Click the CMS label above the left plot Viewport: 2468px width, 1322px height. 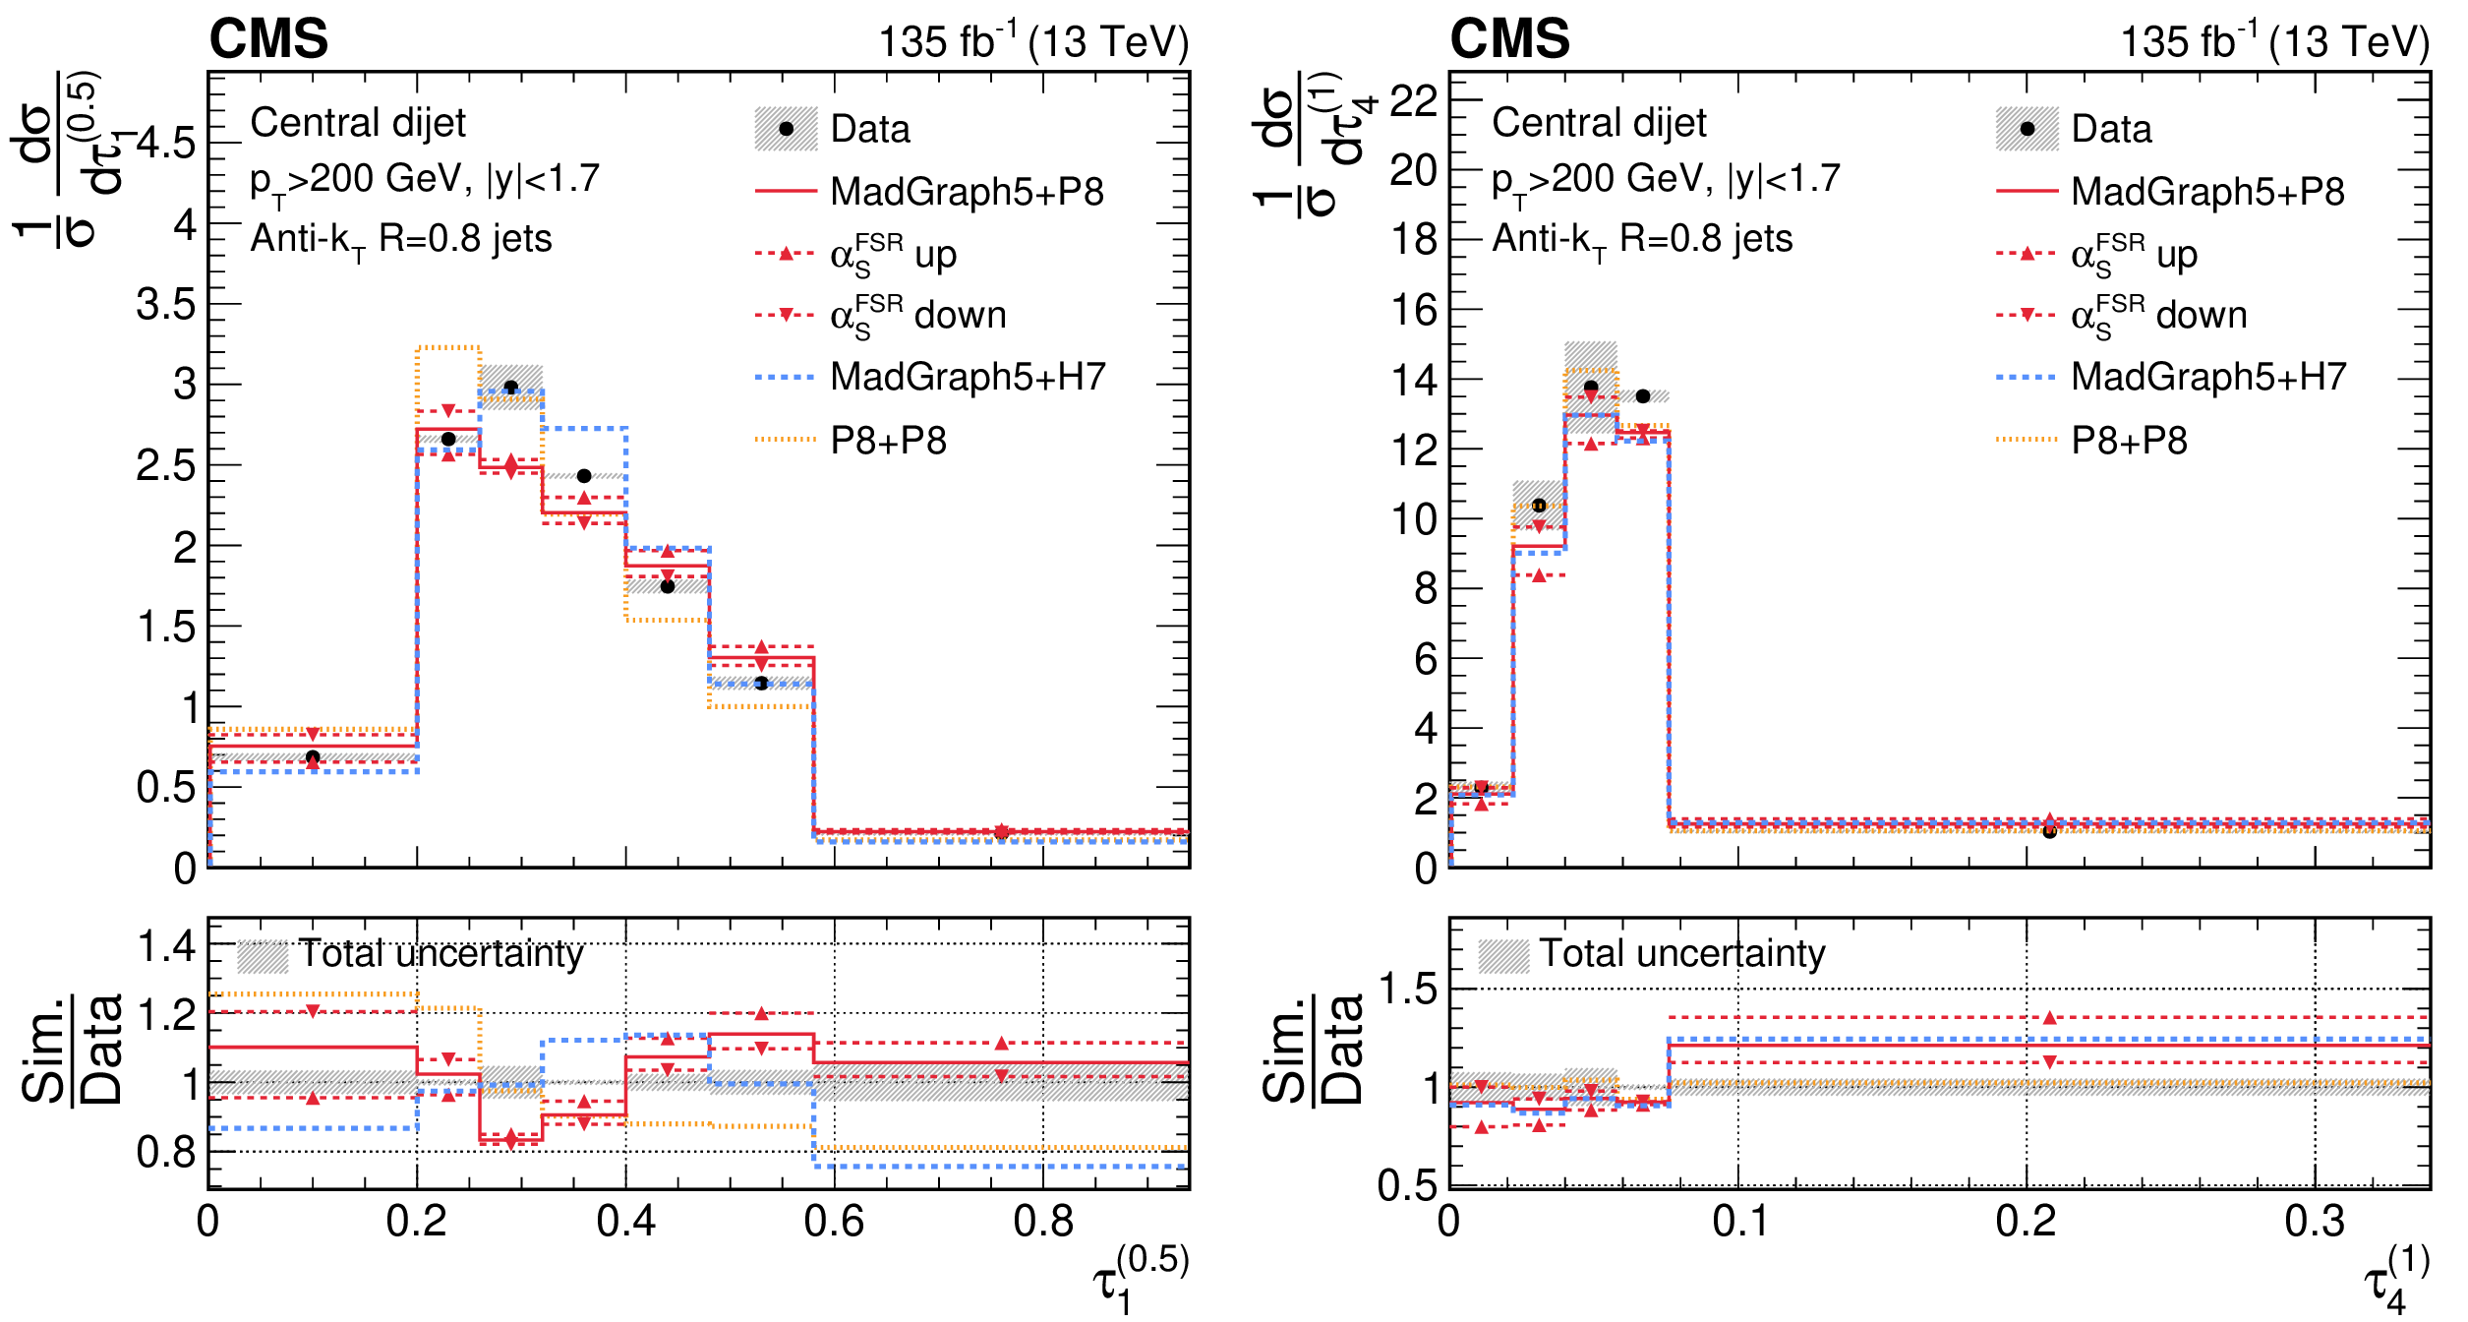click(x=268, y=39)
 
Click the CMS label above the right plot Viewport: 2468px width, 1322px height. click(x=1509, y=39)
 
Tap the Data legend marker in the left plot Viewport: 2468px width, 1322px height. click(x=786, y=129)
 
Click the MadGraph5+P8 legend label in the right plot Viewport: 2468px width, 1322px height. click(x=2208, y=192)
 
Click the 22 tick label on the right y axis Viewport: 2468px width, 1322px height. click(x=1414, y=100)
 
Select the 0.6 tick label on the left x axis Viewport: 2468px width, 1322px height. click(x=834, y=1222)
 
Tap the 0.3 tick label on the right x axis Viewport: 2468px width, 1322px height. click(x=2315, y=1222)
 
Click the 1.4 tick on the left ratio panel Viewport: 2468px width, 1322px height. click(x=167, y=947)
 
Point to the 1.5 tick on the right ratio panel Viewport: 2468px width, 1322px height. click(x=1409, y=989)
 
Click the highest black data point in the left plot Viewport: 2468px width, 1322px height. click(x=510, y=388)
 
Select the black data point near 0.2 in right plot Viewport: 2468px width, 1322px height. click(x=2050, y=832)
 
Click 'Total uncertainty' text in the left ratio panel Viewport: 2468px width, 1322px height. click(x=441, y=954)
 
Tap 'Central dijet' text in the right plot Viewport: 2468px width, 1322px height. click(x=1600, y=123)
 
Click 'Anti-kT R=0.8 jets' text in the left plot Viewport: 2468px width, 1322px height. click(x=401, y=240)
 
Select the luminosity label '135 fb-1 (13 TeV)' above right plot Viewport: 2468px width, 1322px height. click(x=2274, y=39)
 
